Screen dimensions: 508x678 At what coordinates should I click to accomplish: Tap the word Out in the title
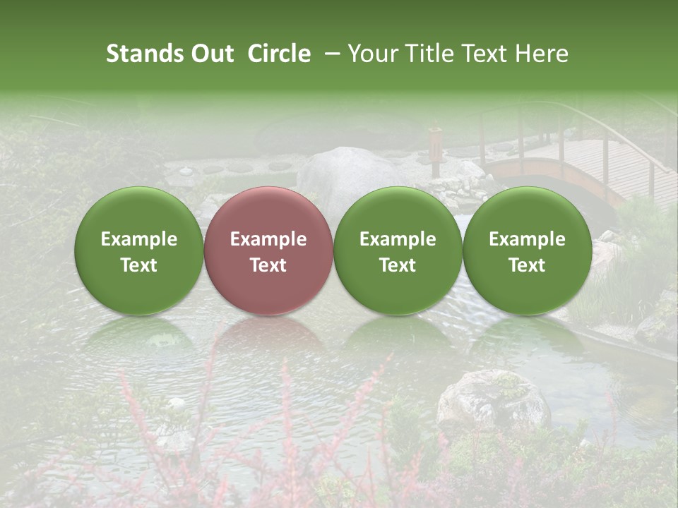(x=210, y=54)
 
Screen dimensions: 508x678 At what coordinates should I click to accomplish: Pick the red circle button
(x=268, y=250)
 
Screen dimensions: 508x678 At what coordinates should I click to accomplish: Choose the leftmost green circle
(x=139, y=250)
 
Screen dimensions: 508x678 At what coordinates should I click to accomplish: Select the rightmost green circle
(x=527, y=250)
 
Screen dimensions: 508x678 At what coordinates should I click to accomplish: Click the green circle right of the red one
(x=398, y=250)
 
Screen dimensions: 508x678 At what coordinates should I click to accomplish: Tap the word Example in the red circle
(x=268, y=239)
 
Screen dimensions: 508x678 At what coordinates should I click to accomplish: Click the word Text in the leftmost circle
(x=139, y=265)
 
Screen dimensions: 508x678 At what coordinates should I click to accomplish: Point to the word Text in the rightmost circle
(x=527, y=265)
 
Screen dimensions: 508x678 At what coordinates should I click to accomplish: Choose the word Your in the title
(x=371, y=54)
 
